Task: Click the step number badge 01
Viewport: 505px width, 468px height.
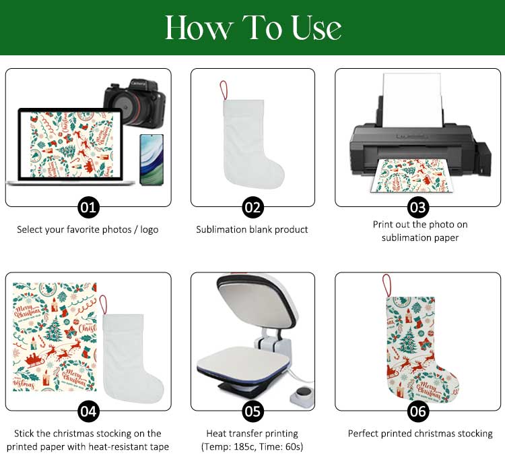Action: (88, 208)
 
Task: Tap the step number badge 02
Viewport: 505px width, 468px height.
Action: (252, 208)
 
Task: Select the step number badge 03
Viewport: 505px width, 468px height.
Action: (418, 208)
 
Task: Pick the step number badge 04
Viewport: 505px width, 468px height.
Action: (88, 411)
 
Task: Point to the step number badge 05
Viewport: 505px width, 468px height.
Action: (252, 411)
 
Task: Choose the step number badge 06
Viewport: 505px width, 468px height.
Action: (418, 411)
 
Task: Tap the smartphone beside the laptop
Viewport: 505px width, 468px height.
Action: (151, 160)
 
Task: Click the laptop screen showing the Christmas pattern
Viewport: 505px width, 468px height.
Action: (71, 145)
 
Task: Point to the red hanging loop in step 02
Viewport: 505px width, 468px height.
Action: (224, 90)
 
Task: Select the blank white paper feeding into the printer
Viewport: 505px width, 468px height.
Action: (412, 100)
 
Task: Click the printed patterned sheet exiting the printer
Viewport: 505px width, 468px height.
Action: (412, 175)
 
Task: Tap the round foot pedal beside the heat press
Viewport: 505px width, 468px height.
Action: (302, 394)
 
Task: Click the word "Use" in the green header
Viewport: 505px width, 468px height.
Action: (316, 28)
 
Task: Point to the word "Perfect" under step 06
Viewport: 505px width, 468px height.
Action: (363, 433)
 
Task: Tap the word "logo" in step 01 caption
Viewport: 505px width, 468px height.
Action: (149, 230)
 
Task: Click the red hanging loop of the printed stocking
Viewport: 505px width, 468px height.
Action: (386, 285)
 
